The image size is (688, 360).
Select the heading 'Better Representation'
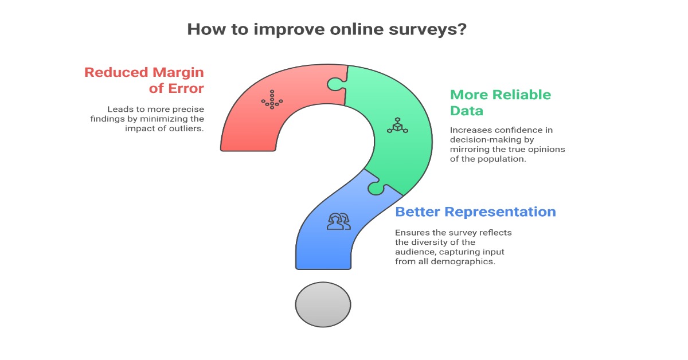(x=475, y=212)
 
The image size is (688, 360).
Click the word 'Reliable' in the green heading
(x=515, y=95)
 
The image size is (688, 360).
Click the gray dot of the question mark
(x=323, y=304)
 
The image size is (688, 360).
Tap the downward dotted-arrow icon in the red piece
(x=271, y=99)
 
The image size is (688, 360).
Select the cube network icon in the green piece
(x=397, y=124)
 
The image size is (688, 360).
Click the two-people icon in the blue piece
(x=338, y=221)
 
